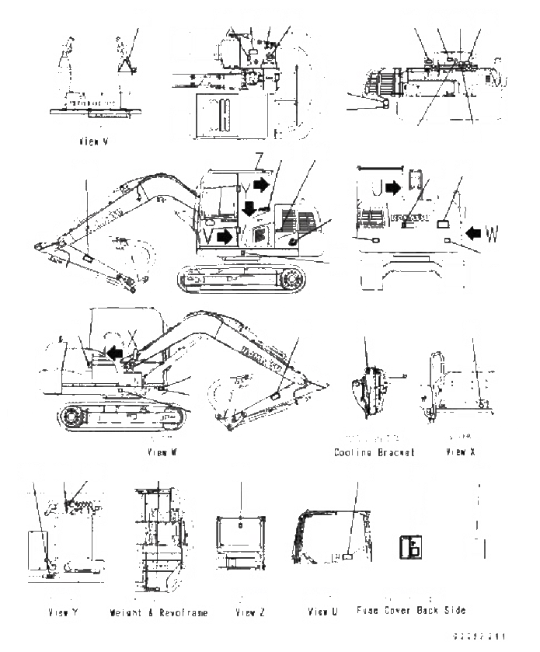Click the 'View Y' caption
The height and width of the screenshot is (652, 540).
coord(51,612)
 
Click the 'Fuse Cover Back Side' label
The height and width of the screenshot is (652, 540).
coord(411,611)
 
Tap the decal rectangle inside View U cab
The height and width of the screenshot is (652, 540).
coord(348,557)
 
